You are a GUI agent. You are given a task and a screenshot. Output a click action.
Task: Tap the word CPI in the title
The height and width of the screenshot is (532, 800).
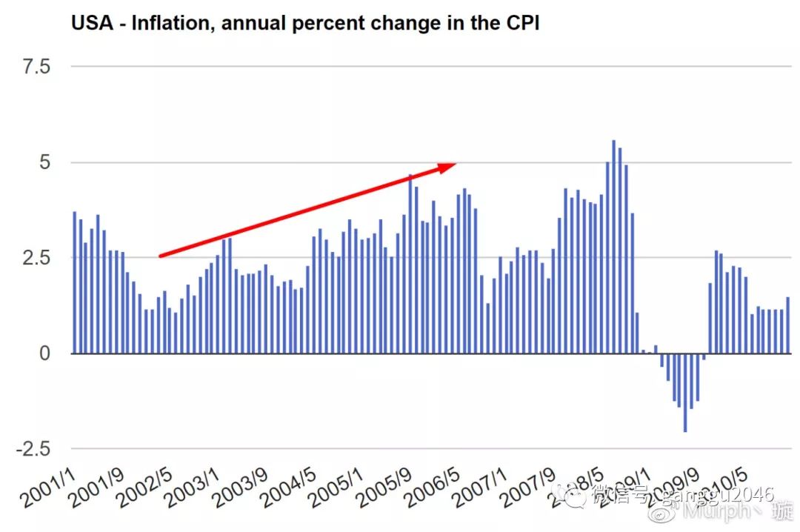click(522, 24)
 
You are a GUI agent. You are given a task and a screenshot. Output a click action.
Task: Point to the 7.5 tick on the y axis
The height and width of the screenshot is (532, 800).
click(36, 67)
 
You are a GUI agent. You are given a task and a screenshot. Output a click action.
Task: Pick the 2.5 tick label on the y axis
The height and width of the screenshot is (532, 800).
click(36, 258)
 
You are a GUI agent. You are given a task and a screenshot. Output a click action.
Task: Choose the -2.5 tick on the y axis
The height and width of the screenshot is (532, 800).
click(33, 449)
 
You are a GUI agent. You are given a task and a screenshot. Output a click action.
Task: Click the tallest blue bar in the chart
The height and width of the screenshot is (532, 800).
click(613, 247)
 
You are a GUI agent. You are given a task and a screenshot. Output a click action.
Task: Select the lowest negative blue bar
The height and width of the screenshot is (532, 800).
click(685, 392)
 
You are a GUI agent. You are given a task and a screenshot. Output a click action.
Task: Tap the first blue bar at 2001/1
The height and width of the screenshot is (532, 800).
click(74, 282)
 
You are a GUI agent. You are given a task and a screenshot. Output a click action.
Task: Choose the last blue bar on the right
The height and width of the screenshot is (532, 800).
click(787, 325)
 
